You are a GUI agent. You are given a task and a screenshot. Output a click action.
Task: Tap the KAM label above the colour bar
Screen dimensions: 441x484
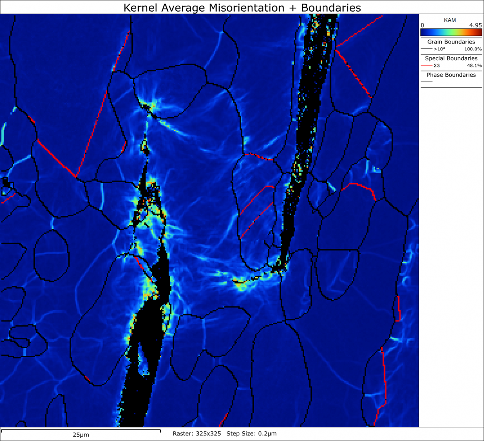[x=450, y=20]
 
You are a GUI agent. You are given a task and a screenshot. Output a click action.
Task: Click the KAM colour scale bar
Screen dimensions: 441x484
[x=451, y=32]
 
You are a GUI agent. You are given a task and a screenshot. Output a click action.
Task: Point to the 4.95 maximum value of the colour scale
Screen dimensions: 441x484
[x=475, y=25]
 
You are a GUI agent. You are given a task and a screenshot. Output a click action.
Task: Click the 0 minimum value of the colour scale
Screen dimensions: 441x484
[x=422, y=25]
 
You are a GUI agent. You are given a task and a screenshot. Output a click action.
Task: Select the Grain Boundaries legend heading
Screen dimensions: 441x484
[x=451, y=42]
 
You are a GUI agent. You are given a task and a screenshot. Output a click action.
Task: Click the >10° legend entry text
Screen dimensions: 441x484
[x=440, y=49]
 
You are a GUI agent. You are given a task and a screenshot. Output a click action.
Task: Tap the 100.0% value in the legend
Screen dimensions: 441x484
[x=473, y=49]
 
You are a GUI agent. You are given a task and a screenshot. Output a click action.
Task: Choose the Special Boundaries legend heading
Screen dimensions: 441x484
[x=451, y=58]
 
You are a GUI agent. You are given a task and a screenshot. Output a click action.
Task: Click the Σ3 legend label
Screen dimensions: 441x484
[x=436, y=65]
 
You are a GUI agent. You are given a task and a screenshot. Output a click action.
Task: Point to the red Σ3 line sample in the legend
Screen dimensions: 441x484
[x=426, y=65]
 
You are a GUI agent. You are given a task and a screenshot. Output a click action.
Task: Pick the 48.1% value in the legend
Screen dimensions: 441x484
[x=474, y=65]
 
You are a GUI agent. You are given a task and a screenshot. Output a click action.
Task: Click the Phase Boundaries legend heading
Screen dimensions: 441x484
[x=451, y=75]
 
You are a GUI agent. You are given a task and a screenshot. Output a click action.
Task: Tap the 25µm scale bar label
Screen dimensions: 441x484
[x=81, y=435]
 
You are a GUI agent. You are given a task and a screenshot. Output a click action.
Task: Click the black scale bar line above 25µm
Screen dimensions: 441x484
[x=81, y=430]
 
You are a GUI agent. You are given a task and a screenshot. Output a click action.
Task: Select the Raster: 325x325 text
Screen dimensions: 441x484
[x=197, y=434]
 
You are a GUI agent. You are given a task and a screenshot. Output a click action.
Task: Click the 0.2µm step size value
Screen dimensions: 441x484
[x=268, y=434]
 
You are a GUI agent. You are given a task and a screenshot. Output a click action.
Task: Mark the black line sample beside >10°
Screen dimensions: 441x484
[x=426, y=49]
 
